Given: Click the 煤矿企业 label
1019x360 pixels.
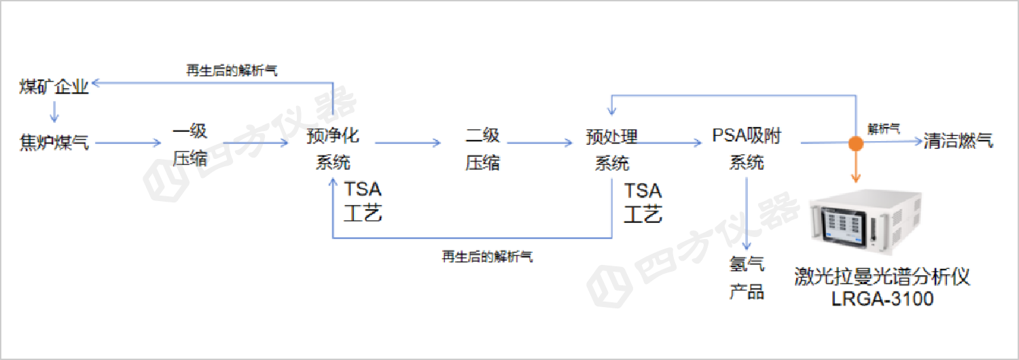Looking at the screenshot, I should pos(54,87).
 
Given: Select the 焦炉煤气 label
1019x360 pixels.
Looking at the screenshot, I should pos(54,143).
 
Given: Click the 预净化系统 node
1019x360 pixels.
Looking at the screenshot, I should pos(333,149).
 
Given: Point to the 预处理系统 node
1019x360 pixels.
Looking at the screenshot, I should pos(612,149).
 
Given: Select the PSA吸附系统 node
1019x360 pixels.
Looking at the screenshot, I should pos(747,149).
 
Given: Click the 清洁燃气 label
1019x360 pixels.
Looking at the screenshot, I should pos(958,141).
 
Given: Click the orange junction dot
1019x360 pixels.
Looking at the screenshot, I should pos(856,143).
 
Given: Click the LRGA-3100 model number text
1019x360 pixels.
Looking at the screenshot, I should pos(882,298).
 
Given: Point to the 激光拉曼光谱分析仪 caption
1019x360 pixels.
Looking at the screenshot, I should pos(882,277).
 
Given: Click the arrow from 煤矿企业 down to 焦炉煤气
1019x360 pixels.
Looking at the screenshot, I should pos(55,111).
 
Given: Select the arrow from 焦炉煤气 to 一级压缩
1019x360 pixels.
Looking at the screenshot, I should pos(126,143).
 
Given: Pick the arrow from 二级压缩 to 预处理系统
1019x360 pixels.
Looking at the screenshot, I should pos(540,143).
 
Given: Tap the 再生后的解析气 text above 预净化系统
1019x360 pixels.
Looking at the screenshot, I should pos(232,71).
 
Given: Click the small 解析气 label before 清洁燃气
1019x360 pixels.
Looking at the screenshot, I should pos(884,129).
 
